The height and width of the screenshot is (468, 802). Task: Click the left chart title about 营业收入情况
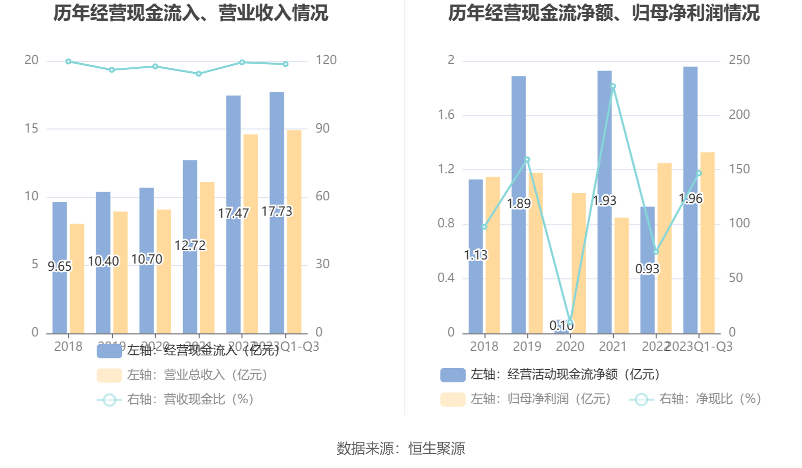tap(191, 13)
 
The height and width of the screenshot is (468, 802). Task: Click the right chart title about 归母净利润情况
tap(603, 13)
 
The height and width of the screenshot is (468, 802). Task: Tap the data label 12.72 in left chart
tap(190, 245)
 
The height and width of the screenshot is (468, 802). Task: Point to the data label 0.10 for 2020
tap(561, 325)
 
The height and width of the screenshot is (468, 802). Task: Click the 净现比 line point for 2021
tap(613, 87)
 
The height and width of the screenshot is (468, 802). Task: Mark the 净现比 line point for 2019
tap(527, 160)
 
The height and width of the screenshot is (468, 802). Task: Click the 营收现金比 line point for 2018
tap(68, 62)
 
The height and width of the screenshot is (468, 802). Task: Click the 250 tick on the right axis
tap(739, 60)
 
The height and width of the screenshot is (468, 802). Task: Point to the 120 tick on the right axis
tap(326, 60)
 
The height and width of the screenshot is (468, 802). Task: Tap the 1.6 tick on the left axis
tap(446, 115)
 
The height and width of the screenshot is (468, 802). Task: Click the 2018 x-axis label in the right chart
tap(484, 347)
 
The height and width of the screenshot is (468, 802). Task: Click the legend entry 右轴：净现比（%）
tap(695, 399)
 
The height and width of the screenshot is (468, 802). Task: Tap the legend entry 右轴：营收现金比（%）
tap(175, 399)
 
